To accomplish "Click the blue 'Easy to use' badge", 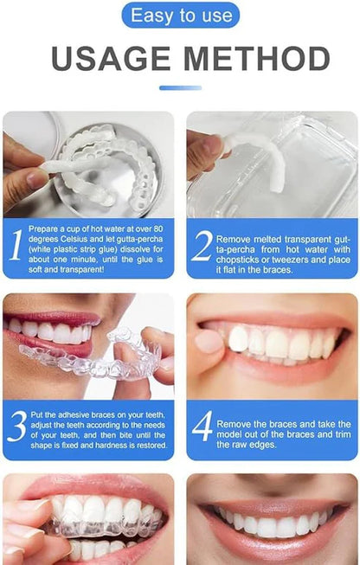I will click(x=180, y=15).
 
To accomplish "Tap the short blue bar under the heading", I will click(x=180, y=87).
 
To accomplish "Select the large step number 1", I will click(x=16, y=245).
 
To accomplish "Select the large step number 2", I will click(x=201, y=246).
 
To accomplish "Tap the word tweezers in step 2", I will click(x=293, y=258).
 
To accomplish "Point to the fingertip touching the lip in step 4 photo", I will click(x=209, y=341).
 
